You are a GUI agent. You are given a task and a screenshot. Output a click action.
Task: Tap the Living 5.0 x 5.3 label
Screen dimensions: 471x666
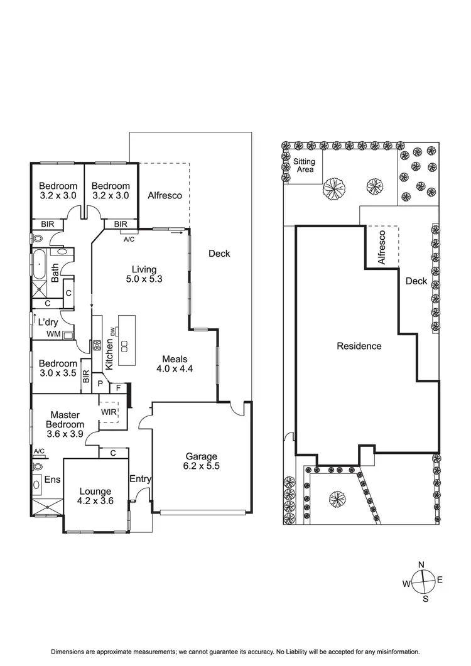coord(144,274)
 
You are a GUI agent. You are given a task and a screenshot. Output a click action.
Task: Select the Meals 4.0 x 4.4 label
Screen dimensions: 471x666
coord(175,364)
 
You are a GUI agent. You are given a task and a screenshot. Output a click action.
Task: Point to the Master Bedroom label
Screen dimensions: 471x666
coord(65,419)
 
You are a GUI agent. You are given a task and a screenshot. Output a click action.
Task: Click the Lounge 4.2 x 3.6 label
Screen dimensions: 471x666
coord(95,496)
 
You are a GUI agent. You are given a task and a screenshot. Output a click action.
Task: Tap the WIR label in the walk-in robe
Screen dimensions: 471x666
coord(109,412)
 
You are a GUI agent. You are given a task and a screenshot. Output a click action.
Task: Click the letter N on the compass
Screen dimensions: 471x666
coord(421,564)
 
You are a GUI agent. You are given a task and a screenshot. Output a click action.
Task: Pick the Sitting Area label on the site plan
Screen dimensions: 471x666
coord(305,165)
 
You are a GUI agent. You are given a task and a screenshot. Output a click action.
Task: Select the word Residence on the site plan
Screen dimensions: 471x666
coord(359,346)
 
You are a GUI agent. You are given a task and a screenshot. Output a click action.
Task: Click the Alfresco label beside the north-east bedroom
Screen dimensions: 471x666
coord(165,195)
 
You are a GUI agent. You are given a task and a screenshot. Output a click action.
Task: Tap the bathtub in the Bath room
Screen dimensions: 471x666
coord(40,264)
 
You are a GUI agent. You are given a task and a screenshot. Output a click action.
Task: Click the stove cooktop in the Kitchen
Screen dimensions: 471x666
coord(97,346)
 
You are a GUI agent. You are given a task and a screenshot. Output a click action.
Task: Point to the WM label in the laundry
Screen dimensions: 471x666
coord(53,334)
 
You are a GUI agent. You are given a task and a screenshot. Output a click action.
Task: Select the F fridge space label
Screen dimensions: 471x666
coord(118,388)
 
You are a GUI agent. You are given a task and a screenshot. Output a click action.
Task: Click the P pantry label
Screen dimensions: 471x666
coord(100,384)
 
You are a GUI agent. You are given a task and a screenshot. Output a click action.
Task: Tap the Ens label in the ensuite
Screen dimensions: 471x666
coord(52,480)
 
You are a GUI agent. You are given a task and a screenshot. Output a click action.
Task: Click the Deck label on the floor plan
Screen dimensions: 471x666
coord(219,254)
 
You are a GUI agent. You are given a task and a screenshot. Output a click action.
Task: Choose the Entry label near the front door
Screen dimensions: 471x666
coord(140,479)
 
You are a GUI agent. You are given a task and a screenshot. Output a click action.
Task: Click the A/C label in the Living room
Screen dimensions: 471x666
coord(129,240)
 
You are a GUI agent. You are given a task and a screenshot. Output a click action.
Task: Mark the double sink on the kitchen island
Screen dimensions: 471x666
coord(124,346)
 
